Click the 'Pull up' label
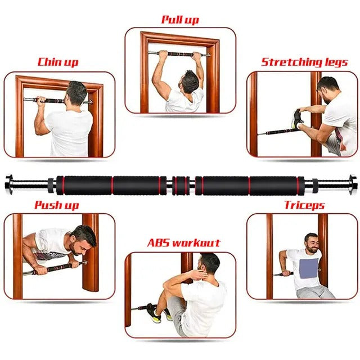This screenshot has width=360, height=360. pos(179,20)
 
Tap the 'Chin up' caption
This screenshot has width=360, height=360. pos(57,62)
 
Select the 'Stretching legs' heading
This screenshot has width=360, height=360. pos(304,61)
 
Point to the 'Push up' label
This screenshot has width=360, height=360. pos(56,205)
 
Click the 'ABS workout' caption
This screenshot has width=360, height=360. pos(183,243)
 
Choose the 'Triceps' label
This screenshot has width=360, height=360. pos(303,205)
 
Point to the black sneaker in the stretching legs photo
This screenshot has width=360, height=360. pos(298,118)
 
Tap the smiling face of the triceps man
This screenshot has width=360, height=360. pos(311,241)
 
